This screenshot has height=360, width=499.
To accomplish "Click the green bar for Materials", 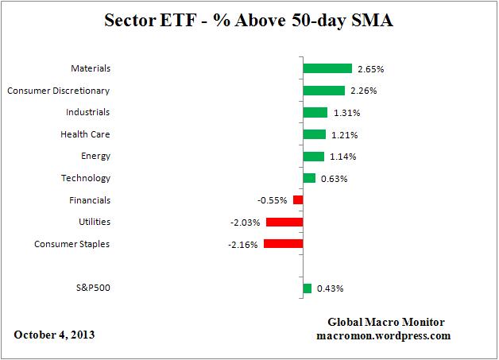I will [327, 68].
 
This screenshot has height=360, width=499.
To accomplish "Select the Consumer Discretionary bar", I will [323, 91].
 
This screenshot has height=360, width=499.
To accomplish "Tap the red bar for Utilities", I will [284, 223].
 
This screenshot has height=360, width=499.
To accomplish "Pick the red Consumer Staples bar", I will [283, 244].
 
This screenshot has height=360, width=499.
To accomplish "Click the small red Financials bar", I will [298, 200].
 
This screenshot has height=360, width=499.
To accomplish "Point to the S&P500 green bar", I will [307, 288].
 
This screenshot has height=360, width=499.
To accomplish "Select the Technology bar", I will [309, 178].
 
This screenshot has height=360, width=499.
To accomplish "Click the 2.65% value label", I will [370, 69].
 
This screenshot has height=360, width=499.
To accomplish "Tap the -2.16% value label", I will [242, 245].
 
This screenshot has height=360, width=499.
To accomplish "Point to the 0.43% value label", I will [330, 288].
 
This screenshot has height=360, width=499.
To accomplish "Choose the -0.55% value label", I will [272, 201].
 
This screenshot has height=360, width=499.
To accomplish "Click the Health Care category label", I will [85, 134].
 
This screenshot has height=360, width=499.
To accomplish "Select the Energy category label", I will [95, 157].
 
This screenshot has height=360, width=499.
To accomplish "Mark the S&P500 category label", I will [90, 288].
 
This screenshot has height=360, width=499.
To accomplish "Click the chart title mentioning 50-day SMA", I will [249, 21].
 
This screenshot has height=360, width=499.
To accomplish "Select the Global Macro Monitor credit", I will [387, 322].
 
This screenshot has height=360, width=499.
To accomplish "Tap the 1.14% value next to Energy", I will [342, 157].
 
